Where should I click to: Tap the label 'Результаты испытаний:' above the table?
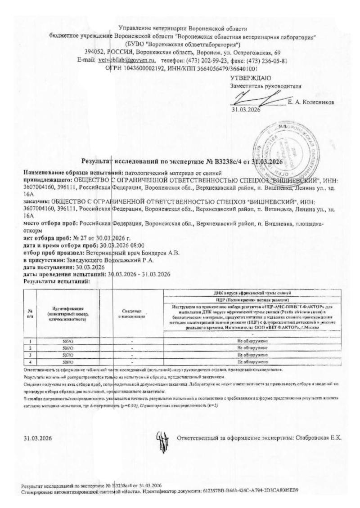(x=50, y=281)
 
